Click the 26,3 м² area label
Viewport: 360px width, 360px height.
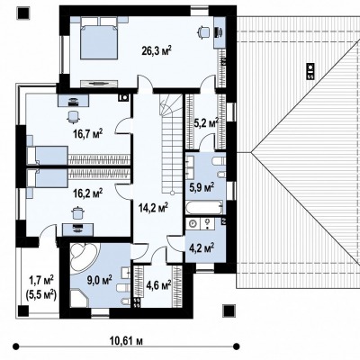157,50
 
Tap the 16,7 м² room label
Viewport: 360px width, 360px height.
88,133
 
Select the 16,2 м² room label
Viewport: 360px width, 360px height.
88,193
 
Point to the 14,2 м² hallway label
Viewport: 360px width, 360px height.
153,207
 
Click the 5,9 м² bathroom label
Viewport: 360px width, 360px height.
202,188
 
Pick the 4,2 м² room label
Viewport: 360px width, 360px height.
202,247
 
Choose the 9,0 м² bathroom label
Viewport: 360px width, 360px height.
99,281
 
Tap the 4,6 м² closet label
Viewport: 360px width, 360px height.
158,284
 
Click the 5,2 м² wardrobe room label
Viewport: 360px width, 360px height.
206,122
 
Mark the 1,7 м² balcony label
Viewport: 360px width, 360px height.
41,281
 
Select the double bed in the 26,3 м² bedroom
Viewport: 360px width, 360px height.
99,38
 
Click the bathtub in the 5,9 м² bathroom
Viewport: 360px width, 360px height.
204,207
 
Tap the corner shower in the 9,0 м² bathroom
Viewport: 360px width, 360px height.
80,298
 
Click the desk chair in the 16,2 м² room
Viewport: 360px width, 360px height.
77,212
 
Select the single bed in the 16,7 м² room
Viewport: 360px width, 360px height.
48,156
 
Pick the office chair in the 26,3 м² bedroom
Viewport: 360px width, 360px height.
203,32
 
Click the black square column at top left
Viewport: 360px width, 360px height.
23,13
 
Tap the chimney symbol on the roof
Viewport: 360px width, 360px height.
310,71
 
